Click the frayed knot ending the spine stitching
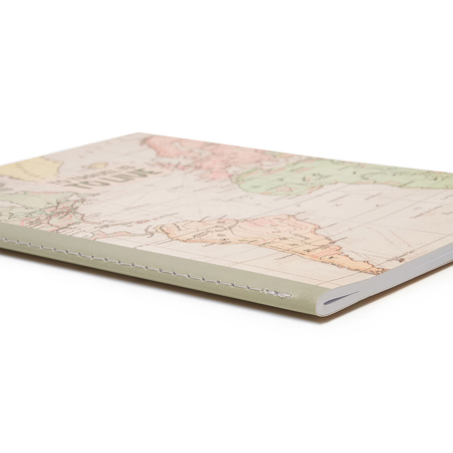(284, 295)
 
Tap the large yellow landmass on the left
(27, 168)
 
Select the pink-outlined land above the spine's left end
(59, 217)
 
